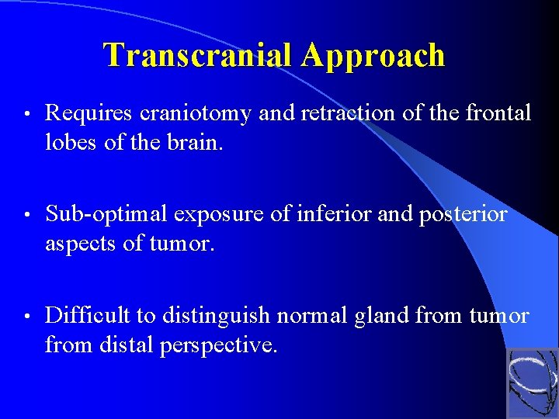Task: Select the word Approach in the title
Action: pos(373,55)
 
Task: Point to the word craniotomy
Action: pos(197,114)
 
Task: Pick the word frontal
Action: pos(498,114)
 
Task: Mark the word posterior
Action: pos(463,214)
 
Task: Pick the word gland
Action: pos(385,315)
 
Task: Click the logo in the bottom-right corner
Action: pos(532,383)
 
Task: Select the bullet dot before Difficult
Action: pos(26,316)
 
